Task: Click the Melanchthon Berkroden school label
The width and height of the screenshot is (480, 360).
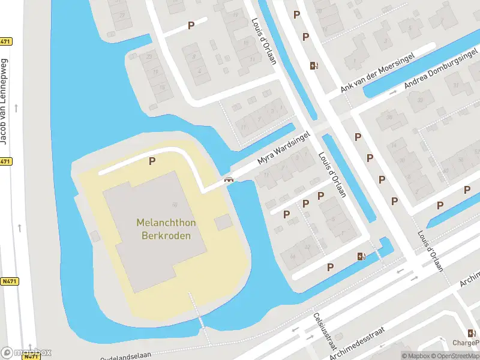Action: coord(166,229)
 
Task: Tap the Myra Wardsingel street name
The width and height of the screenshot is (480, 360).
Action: coord(283,148)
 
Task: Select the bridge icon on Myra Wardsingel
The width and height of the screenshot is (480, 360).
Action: coord(228,178)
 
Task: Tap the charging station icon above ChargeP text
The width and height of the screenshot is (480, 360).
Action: coord(472,333)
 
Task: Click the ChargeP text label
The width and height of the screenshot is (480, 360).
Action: coord(466,344)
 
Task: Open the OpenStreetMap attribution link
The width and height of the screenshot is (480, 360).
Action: coord(455,356)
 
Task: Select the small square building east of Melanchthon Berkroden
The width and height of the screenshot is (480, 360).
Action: coord(223,223)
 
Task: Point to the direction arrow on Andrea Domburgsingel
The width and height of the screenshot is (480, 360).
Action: coord(394,93)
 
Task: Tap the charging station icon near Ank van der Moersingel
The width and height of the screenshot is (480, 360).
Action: coord(313,66)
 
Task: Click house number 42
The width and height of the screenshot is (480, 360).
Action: coord(308,247)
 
